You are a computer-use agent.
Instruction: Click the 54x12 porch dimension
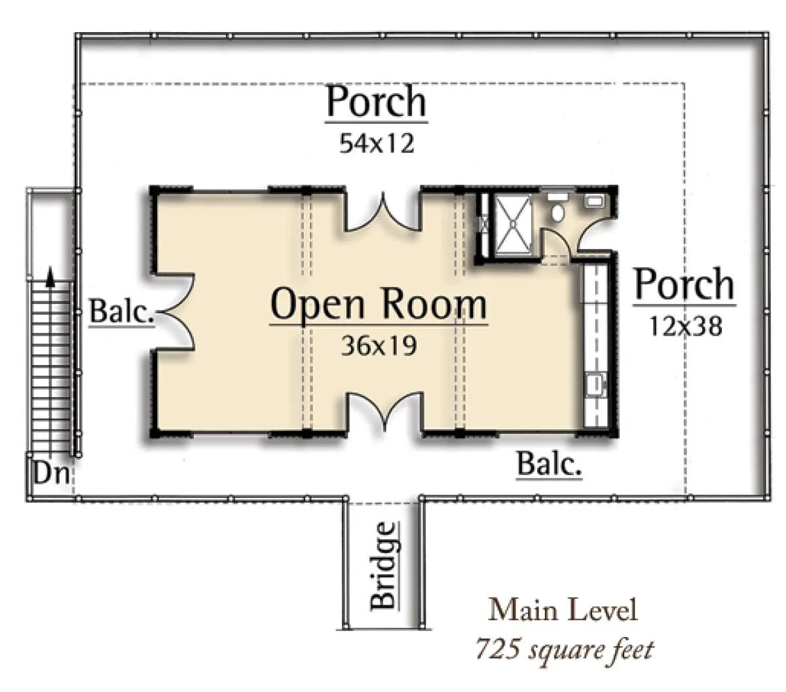(377, 143)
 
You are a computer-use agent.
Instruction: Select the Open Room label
(378, 303)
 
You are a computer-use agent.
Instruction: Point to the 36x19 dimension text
(379, 345)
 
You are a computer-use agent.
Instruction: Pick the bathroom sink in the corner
(593, 201)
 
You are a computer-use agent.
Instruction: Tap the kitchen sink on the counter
(596, 384)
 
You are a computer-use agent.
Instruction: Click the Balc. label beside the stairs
(121, 311)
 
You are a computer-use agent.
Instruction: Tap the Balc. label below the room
(549, 464)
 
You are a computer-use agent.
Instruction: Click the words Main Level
(562, 609)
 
